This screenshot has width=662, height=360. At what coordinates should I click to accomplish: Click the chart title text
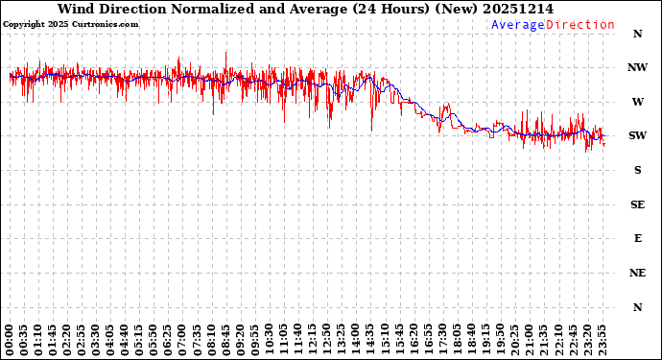305,9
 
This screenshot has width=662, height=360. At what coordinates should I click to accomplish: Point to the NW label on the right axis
637,67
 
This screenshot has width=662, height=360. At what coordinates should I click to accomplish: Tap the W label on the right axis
637,102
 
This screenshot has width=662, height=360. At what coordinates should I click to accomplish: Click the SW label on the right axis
637,136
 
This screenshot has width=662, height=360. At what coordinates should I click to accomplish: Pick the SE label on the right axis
637,204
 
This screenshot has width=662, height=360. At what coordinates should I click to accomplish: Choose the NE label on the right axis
637,273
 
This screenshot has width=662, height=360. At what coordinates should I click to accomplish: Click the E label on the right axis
637,238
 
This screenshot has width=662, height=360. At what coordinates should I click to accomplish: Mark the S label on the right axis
637,170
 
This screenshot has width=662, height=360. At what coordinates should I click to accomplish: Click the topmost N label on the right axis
637,34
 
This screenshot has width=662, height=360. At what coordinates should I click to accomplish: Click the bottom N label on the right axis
637,307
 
